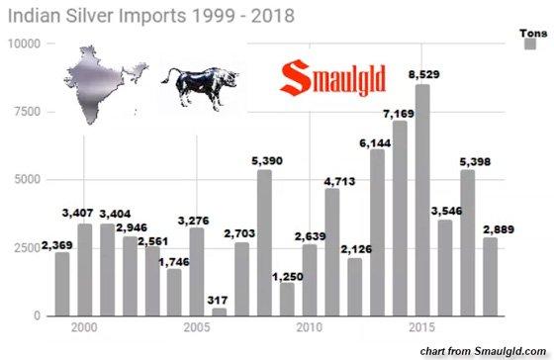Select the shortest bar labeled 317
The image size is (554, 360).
[219, 311]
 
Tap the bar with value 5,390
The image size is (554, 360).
[264, 242]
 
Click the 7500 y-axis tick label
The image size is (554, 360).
[26, 112]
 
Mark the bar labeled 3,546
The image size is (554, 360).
[445, 268]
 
